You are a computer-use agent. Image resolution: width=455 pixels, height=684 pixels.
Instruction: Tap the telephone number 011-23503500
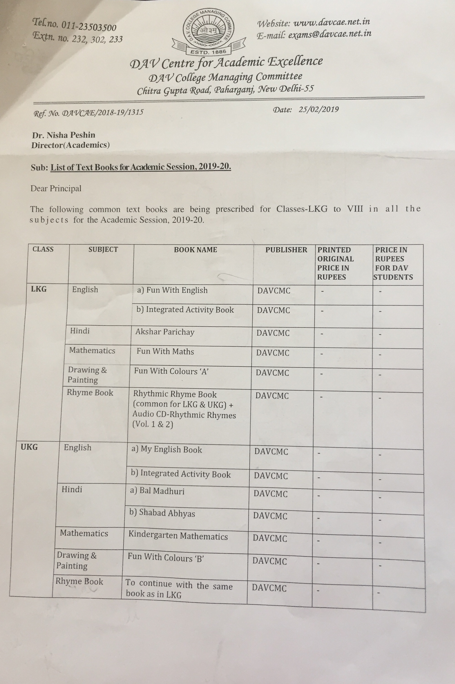click(x=89, y=26)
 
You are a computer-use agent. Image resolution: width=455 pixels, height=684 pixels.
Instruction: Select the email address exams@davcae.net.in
click(x=330, y=34)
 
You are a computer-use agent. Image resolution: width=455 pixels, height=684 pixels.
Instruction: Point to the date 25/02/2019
click(x=318, y=109)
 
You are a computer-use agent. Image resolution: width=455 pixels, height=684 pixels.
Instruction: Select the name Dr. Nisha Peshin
click(x=63, y=135)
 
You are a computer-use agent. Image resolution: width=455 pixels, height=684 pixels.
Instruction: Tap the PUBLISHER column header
click(x=286, y=250)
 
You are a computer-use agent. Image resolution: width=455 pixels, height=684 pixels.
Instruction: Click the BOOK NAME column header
click(x=195, y=249)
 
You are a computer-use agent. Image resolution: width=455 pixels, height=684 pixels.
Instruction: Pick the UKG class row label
click(x=29, y=447)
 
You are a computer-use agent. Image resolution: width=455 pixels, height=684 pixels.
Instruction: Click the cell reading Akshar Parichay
click(x=165, y=332)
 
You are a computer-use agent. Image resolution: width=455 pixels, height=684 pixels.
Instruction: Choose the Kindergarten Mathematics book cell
click(x=178, y=536)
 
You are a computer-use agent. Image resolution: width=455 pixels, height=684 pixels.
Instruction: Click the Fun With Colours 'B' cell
click(x=166, y=557)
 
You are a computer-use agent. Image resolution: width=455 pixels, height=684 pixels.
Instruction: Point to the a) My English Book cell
click(x=166, y=449)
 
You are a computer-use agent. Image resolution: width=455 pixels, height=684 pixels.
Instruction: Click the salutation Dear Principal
click(x=56, y=189)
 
